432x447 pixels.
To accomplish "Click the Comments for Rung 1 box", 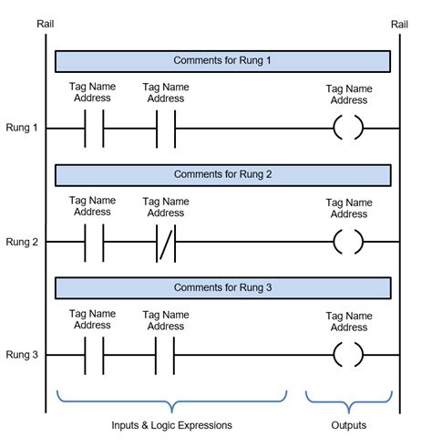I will click(x=223, y=61).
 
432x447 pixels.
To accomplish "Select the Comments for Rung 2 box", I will click(x=223, y=174).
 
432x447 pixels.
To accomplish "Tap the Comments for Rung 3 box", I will click(x=223, y=288).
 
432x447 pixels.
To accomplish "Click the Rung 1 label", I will click(x=22, y=129).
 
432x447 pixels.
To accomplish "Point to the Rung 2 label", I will click(x=22, y=242).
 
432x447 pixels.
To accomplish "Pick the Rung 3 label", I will click(x=22, y=355).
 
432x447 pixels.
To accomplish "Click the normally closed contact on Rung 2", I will click(x=166, y=243).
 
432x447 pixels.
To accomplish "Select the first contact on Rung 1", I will click(x=93, y=130).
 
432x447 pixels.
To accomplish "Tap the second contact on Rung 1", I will click(x=166, y=130).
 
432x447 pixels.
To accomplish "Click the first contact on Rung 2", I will click(x=93, y=243).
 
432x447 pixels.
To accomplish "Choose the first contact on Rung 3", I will click(x=93, y=356).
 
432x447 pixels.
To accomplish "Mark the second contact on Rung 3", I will click(x=166, y=356).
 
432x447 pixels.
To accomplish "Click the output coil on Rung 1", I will click(x=348, y=130).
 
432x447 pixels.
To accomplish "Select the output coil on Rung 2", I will click(x=348, y=243).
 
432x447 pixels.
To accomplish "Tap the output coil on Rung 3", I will click(x=348, y=356).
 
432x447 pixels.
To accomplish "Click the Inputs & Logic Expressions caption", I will click(x=171, y=426).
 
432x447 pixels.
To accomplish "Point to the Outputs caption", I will click(x=349, y=426).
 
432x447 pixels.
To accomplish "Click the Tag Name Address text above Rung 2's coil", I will click(x=348, y=208).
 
